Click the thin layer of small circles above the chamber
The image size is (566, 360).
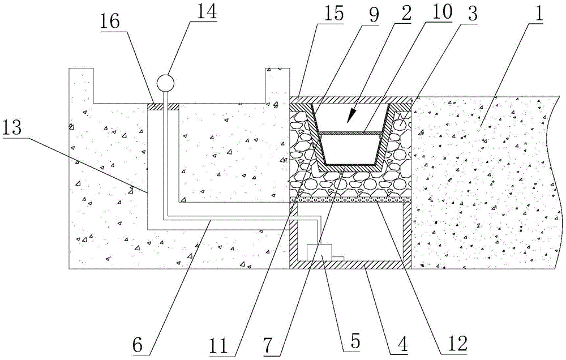(351, 200)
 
